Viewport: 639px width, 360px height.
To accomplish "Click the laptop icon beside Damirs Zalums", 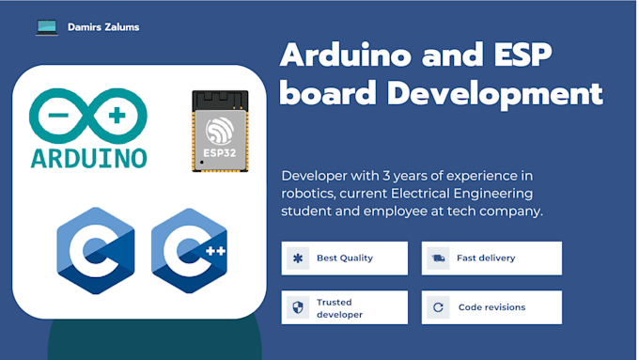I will (x=47, y=27).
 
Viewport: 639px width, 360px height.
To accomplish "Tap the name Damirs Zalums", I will (x=103, y=27).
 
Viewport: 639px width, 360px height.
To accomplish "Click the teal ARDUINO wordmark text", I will (x=88, y=156).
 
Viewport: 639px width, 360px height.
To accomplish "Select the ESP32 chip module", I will (x=220, y=131).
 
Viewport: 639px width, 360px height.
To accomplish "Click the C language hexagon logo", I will (x=95, y=251).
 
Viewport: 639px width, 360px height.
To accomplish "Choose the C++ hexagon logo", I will (x=189, y=251).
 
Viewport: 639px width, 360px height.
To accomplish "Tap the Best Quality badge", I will (x=345, y=258).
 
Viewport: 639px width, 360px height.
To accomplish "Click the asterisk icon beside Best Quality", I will (x=298, y=258).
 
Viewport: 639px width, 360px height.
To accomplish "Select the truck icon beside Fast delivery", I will (x=437, y=258).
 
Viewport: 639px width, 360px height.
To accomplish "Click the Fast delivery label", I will (x=485, y=258).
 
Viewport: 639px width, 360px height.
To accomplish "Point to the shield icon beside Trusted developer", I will (x=298, y=307).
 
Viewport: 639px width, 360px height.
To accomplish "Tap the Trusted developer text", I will (x=339, y=308).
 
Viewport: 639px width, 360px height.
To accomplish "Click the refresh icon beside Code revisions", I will (x=437, y=307).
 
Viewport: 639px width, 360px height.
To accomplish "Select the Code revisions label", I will (x=491, y=307).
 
